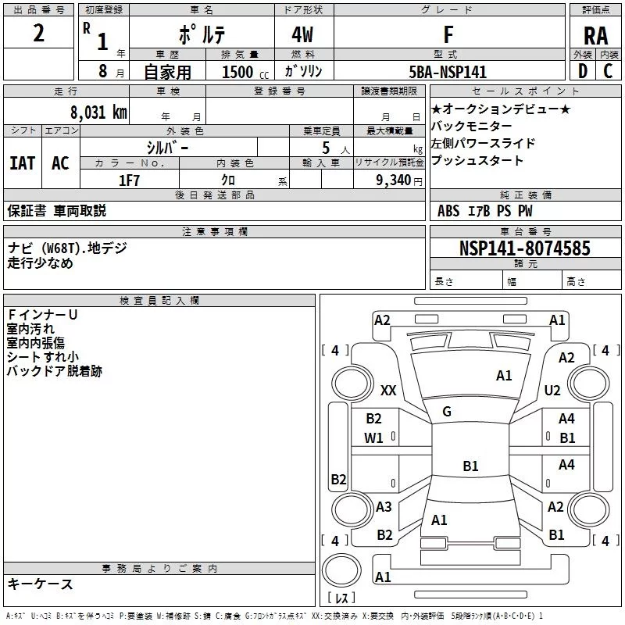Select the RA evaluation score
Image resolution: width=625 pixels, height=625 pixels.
(595, 36)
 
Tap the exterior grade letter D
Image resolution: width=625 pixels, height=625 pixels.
(582, 71)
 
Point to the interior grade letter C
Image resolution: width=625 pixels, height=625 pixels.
(608, 71)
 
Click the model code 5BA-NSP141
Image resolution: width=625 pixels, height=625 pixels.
(448, 72)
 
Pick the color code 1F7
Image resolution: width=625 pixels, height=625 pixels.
(128, 180)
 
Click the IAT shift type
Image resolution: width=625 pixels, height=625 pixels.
(22, 162)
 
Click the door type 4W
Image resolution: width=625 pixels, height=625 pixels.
(303, 36)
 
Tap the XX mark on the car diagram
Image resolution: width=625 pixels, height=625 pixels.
(388, 390)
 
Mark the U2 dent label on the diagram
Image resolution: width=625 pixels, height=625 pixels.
(552, 390)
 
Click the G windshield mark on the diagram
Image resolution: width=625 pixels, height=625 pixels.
(447, 412)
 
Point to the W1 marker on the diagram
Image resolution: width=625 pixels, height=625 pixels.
(373, 438)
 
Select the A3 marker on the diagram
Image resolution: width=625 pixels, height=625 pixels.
(384, 507)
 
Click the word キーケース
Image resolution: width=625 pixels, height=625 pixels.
(40, 584)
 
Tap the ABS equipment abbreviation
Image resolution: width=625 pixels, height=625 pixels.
(448, 211)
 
